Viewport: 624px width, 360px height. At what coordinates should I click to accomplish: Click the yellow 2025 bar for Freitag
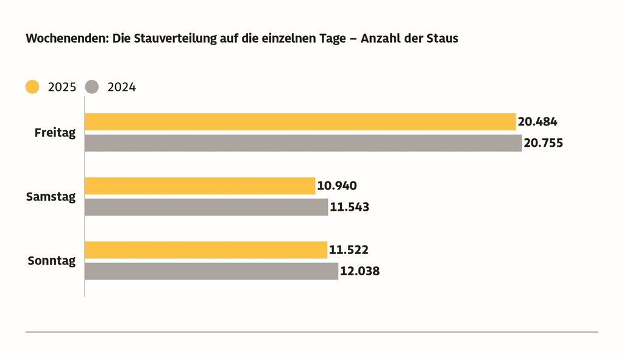coord(300,122)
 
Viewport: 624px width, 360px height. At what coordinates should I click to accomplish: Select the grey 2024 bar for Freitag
coord(303,143)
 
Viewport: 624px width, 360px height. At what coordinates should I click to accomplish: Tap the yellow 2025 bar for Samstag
coord(200,186)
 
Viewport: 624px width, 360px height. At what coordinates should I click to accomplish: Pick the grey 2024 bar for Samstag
coord(206,207)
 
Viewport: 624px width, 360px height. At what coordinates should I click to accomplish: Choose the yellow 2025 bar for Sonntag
coord(206,250)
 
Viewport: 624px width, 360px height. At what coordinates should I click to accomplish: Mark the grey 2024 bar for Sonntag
coord(211,271)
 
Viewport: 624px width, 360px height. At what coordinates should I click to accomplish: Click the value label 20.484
coord(537,122)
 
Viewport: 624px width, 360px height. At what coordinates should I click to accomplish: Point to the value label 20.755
coord(543,143)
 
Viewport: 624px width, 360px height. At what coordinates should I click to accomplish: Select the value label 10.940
coord(336,186)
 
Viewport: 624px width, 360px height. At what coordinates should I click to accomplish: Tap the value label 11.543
coord(349,207)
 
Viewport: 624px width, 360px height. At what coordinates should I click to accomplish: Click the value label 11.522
coord(349,250)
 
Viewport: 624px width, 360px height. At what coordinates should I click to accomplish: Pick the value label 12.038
coord(360,271)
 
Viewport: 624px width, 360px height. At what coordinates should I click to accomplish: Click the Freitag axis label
coord(55,133)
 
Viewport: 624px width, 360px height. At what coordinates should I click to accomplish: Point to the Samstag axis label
coord(51,197)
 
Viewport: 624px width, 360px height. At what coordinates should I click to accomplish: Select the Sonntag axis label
coord(52,261)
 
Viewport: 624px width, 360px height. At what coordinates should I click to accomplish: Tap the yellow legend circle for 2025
coord(32,87)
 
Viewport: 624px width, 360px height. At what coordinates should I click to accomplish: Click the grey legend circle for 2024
coord(92,87)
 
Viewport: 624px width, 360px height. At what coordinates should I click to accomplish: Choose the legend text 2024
coord(121,87)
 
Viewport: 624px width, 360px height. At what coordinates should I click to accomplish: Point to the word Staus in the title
coord(442,39)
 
